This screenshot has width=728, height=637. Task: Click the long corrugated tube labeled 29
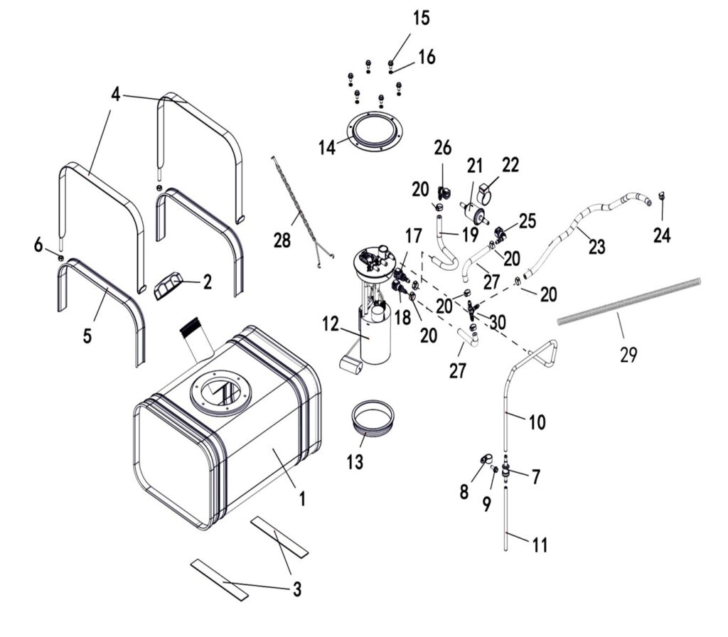pos(640,299)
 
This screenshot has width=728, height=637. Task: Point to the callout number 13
pos(355,461)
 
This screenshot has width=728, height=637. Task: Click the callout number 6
pos(38,245)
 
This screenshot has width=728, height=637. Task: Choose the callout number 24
pos(662,235)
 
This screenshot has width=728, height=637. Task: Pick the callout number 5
pos(87,335)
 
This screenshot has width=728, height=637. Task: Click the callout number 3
pos(296,589)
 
